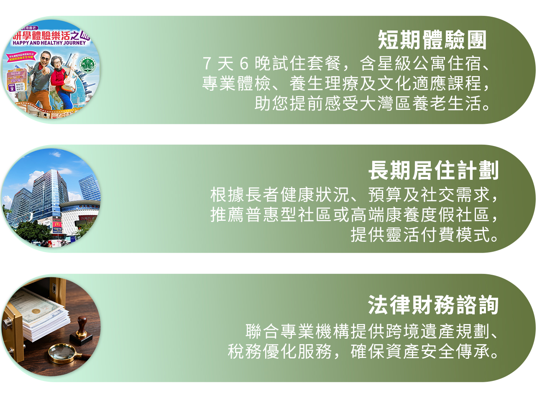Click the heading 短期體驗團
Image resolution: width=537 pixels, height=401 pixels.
click(432, 40)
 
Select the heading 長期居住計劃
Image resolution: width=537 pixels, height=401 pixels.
click(433, 171)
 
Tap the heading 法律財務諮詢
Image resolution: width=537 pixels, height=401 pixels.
click(433, 305)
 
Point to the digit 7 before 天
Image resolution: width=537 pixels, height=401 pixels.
click(207, 64)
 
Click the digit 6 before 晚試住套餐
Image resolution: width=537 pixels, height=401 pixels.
click(244, 64)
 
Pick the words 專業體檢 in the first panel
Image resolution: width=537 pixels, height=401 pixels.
click(236, 84)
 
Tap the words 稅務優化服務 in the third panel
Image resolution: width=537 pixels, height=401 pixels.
click(280, 352)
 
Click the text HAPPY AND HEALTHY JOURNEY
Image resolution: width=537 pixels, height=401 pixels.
click(49, 43)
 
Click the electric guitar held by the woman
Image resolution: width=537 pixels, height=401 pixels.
click(69, 79)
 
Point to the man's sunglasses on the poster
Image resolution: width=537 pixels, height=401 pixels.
click(45, 56)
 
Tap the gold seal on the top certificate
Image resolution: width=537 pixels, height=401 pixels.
click(36, 311)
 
